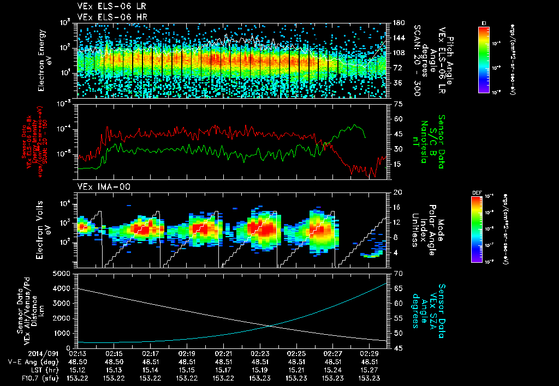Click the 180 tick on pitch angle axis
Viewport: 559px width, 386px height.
(398, 23)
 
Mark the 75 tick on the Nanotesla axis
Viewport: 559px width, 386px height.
(398, 104)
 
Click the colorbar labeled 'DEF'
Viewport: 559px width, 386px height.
(484, 229)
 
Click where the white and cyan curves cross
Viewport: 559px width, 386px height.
(271, 327)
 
